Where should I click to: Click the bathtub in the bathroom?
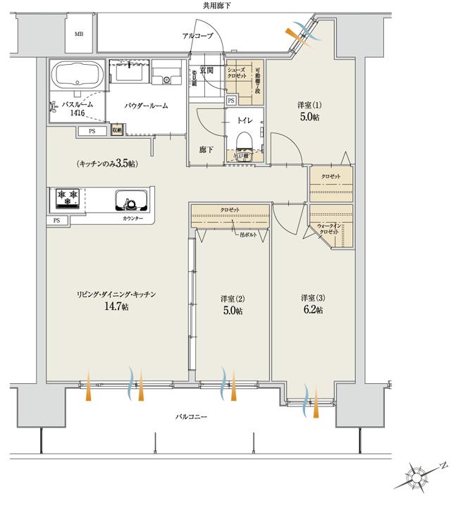(x=77, y=75)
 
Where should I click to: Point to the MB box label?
(x=80, y=34)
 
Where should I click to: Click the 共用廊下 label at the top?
(x=216, y=6)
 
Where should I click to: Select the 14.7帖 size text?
(x=116, y=307)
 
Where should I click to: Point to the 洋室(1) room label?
(x=309, y=106)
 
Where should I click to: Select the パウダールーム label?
(x=146, y=106)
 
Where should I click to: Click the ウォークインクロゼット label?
(x=330, y=227)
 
